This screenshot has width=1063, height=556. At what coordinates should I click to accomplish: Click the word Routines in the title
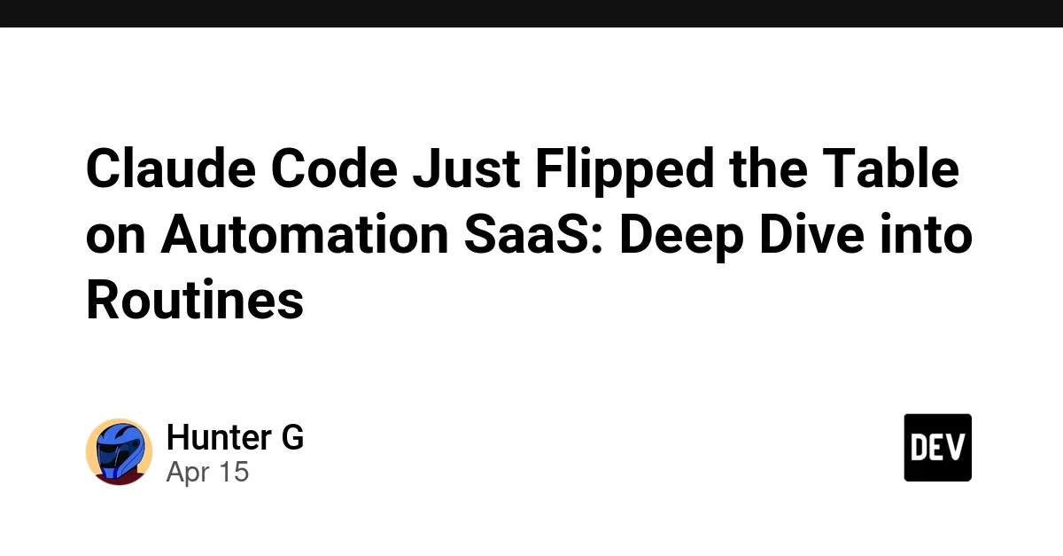(x=195, y=301)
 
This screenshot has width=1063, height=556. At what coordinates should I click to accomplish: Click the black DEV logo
(x=937, y=448)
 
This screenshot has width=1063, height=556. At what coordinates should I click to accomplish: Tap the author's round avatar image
(x=119, y=452)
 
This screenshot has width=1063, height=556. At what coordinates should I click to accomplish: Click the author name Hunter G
(x=235, y=438)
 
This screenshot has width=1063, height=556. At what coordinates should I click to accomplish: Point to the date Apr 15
(x=207, y=472)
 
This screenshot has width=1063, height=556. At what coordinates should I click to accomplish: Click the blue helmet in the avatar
(x=118, y=446)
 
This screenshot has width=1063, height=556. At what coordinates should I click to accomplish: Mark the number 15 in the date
(x=233, y=472)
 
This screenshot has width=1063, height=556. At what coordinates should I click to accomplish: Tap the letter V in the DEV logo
(x=958, y=448)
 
